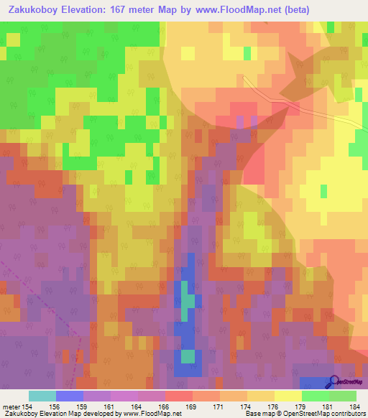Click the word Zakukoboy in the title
(35, 9)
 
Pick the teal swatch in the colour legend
(42, 396)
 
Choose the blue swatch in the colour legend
(69, 396)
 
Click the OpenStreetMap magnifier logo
(334, 383)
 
